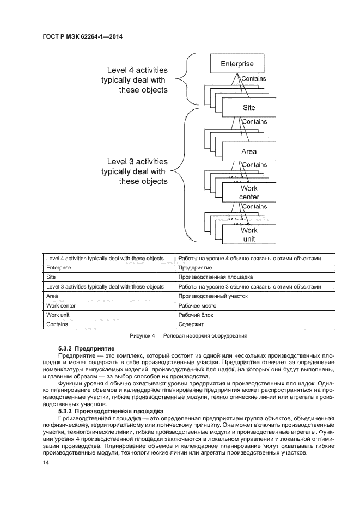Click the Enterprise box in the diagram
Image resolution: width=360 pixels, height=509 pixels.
[x=237, y=64]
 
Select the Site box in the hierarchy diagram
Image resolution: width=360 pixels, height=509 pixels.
[x=249, y=108]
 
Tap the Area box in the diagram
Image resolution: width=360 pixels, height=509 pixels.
[x=249, y=151]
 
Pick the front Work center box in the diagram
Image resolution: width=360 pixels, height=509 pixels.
[x=249, y=192]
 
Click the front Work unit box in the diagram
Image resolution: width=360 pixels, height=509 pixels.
[x=249, y=234]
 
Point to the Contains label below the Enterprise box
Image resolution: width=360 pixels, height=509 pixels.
[x=254, y=79]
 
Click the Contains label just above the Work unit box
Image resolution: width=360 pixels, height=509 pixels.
[x=254, y=207]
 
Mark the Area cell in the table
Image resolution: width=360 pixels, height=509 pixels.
[x=52, y=296]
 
